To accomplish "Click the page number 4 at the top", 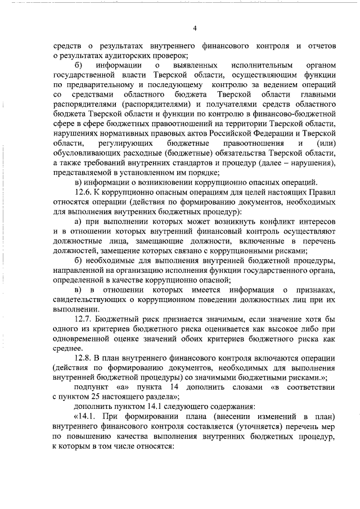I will (x=195, y=28).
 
